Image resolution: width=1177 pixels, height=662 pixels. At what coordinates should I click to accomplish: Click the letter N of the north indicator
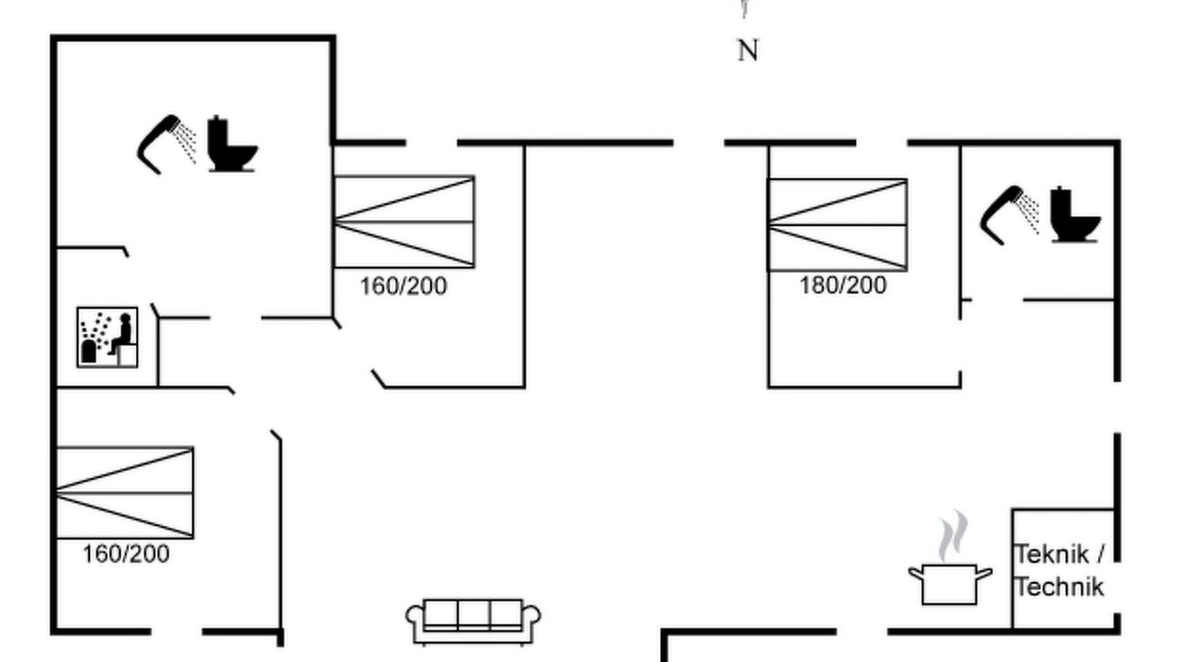(748, 51)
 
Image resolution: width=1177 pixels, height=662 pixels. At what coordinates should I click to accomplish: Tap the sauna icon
(108, 337)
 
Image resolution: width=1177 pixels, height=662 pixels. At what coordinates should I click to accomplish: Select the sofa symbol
(474, 622)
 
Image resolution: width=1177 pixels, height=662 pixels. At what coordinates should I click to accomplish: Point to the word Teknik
(1052, 554)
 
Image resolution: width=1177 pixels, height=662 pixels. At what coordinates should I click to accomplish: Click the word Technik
(1060, 587)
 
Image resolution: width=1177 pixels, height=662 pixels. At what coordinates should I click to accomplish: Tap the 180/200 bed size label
(843, 285)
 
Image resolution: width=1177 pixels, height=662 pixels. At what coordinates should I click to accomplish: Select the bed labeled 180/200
(838, 225)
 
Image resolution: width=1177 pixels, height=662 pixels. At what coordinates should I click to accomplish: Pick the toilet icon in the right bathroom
(1075, 214)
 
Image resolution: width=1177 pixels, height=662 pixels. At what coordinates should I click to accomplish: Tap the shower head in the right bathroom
(1010, 215)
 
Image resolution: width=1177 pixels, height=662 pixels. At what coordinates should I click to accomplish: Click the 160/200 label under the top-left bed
(404, 286)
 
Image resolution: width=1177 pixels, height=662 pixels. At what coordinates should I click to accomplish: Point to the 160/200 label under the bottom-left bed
(126, 554)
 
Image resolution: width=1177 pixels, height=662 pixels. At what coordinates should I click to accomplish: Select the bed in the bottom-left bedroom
(124, 493)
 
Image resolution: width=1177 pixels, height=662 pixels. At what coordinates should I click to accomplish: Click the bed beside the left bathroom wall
(404, 222)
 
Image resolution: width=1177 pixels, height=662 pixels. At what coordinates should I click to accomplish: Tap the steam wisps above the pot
(954, 536)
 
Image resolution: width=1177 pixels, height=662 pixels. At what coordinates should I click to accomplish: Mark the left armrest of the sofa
(415, 617)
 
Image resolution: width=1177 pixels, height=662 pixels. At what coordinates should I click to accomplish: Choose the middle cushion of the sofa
(474, 613)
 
